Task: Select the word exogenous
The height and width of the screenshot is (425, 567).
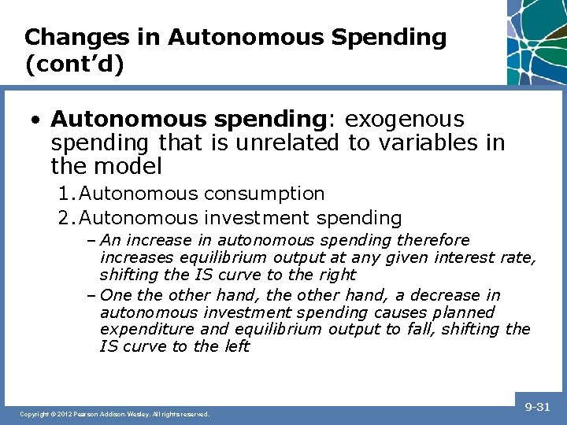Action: tap(405, 120)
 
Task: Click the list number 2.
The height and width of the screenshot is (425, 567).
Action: tap(65, 218)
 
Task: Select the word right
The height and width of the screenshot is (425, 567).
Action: tap(335, 275)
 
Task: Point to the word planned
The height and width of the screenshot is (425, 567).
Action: tap(458, 312)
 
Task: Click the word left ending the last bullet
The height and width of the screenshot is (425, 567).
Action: tap(235, 346)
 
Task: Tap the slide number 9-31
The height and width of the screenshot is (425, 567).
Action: tap(537, 406)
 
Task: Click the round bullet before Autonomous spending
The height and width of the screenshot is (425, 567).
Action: tap(36, 120)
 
